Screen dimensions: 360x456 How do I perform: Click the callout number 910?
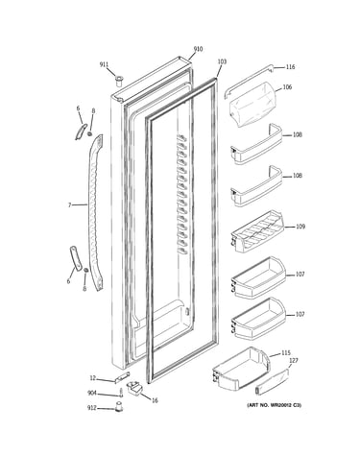click(x=198, y=49)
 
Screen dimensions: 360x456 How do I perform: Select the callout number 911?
click(x=104, y=64)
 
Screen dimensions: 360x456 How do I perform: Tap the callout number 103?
click(x=222, y=61)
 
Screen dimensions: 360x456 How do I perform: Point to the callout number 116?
click(x=290, y=67)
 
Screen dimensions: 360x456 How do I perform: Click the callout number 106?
click(x=287, y=87)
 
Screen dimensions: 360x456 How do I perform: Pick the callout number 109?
click(x=300, y=227)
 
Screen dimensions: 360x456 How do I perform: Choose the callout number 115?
click(x=286, y=353)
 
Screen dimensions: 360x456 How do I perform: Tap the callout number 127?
click(x=294, y=361)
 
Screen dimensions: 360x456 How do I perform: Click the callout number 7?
click(x=69, y=205)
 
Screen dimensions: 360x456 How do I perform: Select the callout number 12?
click(x=92, y=378)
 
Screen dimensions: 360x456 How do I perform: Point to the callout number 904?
click(x=92, y=394)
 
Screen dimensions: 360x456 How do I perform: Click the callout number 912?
click(x=92, y=408)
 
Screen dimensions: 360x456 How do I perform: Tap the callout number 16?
click(x=155, y=400)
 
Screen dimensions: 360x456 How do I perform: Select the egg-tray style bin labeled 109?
click(x=256, y=230)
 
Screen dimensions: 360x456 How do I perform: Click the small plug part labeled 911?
click(x=119, y=81)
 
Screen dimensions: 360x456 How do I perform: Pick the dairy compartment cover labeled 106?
click(x=252, y=104)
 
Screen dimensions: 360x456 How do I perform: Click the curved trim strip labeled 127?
click(x=272, y=381)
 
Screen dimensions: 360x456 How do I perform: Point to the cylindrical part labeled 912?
click(x=119, y=407)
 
